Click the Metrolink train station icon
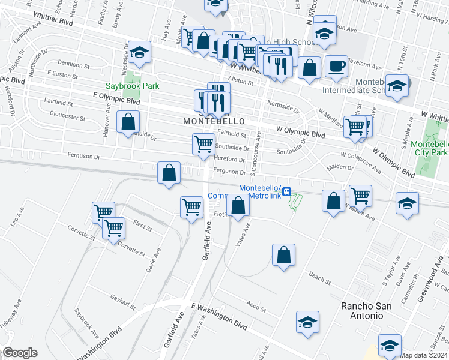287,191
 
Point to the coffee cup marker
336,65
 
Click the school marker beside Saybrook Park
139,55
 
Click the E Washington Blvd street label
220,316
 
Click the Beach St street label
319,278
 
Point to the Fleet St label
142,228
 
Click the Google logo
20,353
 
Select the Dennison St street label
73,63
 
